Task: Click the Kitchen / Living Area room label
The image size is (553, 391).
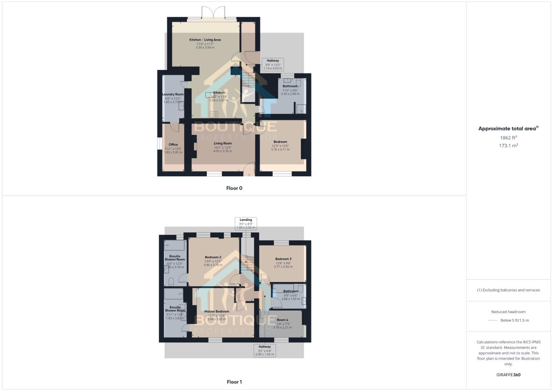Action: (x=205, y=40)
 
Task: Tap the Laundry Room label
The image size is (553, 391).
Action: (x=173, y=94)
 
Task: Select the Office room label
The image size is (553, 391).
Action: (x=173, y=144)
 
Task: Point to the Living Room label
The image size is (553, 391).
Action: (x=222, y=143)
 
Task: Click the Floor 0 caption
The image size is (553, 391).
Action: (x=234, y=188)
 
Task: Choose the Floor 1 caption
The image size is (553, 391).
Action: (x=234, y=382)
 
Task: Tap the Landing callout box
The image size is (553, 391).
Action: (x=246, y=224)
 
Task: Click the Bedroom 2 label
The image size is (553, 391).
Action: (x=213, y=257)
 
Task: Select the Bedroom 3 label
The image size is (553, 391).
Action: (x=283, y=259)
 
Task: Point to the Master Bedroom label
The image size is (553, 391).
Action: (x=217, y=311)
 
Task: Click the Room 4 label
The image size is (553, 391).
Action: (x=282, y=320)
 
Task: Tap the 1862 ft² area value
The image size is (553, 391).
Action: (x=508, y=138)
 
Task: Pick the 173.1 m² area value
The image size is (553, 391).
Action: (x=508, y=146)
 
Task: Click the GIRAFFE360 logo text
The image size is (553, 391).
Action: (x=508, y=375)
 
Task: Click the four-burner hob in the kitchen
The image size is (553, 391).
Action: (x=214, y=115)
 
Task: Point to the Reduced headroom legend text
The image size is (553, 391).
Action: (x=508, y=312)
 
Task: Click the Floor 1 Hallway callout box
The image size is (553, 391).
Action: (x=265, y=350)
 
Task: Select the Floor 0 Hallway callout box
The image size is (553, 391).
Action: (x=273, y=64)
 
